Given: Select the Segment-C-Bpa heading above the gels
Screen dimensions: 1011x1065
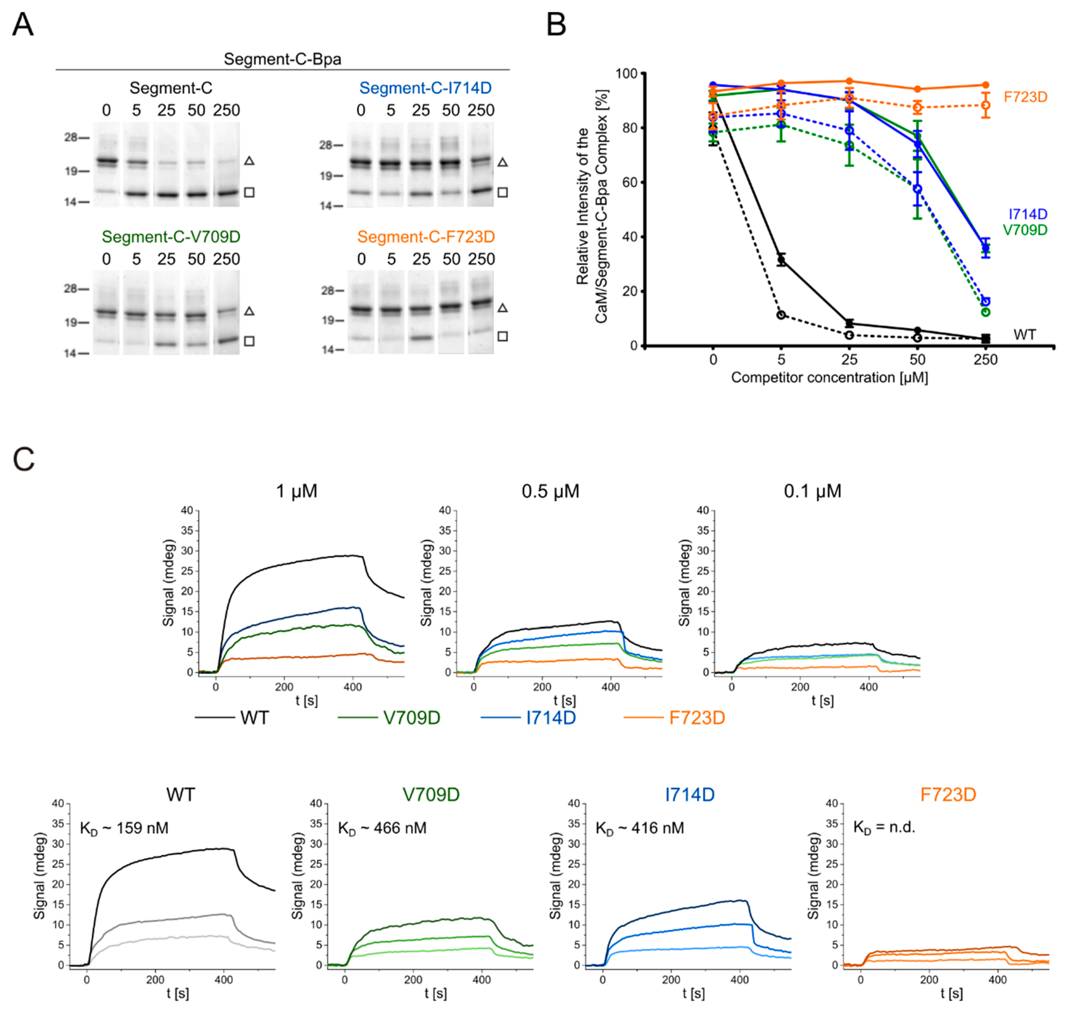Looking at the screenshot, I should click(282, 59).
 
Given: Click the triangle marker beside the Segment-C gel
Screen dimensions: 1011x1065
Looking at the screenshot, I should click(249, 161).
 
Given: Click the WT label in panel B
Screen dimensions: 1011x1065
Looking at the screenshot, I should click(1024, 335).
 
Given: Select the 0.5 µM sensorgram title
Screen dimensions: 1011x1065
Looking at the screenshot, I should click(550, 491).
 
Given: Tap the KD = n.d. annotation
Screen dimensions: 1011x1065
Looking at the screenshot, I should click(884, 827).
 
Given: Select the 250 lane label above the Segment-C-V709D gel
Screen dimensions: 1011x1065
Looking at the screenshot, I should click(226, 259).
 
